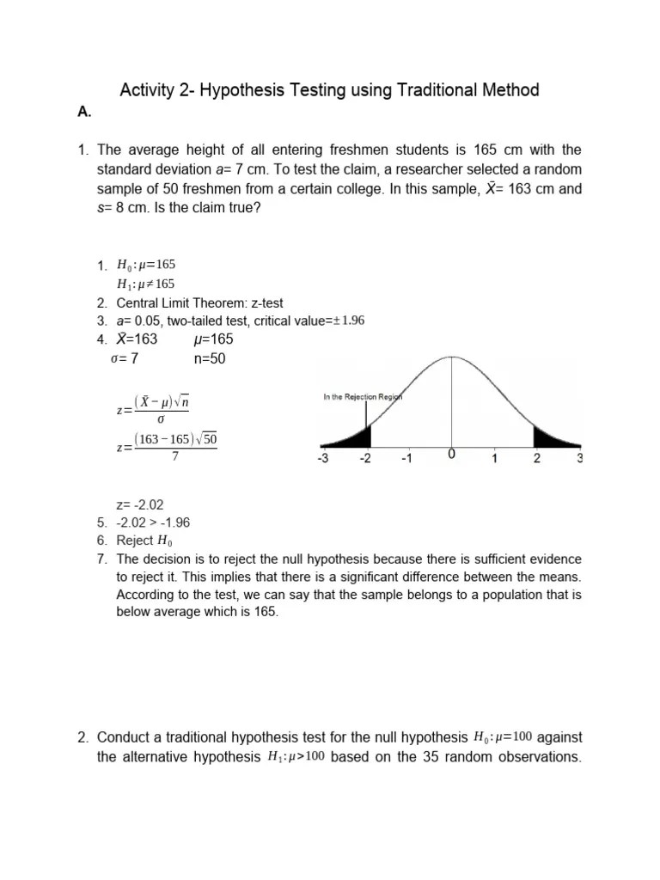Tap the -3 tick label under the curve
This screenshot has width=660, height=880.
tap(323, 459)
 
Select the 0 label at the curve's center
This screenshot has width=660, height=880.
tap(451, 455)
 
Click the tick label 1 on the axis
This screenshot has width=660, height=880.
tap(494, 459)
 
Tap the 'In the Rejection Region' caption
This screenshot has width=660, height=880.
tap(362, 397)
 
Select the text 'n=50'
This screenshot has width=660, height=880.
tap(210, 358)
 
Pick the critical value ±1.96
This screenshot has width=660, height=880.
tap(347, 321)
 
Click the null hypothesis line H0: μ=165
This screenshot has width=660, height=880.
tap(146, 265)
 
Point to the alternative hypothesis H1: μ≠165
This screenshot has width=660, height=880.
tap(146, 284)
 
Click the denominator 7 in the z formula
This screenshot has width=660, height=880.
tap(175, 456)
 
